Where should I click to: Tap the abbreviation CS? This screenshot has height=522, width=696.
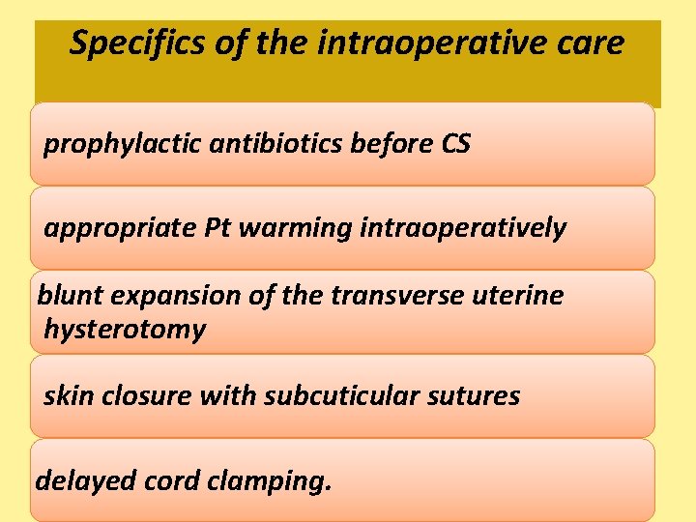click(455, 144)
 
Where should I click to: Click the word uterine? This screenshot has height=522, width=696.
click(517, 296)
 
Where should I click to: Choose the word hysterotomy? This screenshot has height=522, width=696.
click(125, 331)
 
